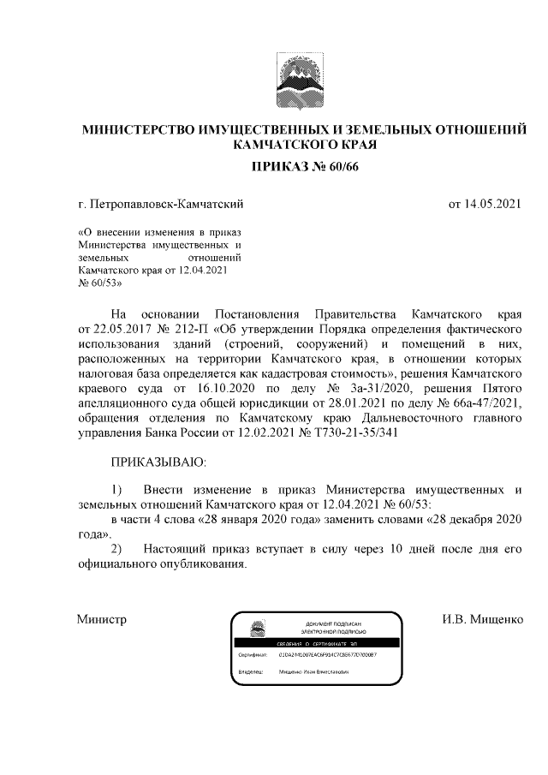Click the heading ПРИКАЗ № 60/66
301,166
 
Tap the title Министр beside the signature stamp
101,619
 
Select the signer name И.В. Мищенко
481,619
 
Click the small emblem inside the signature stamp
254,629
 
